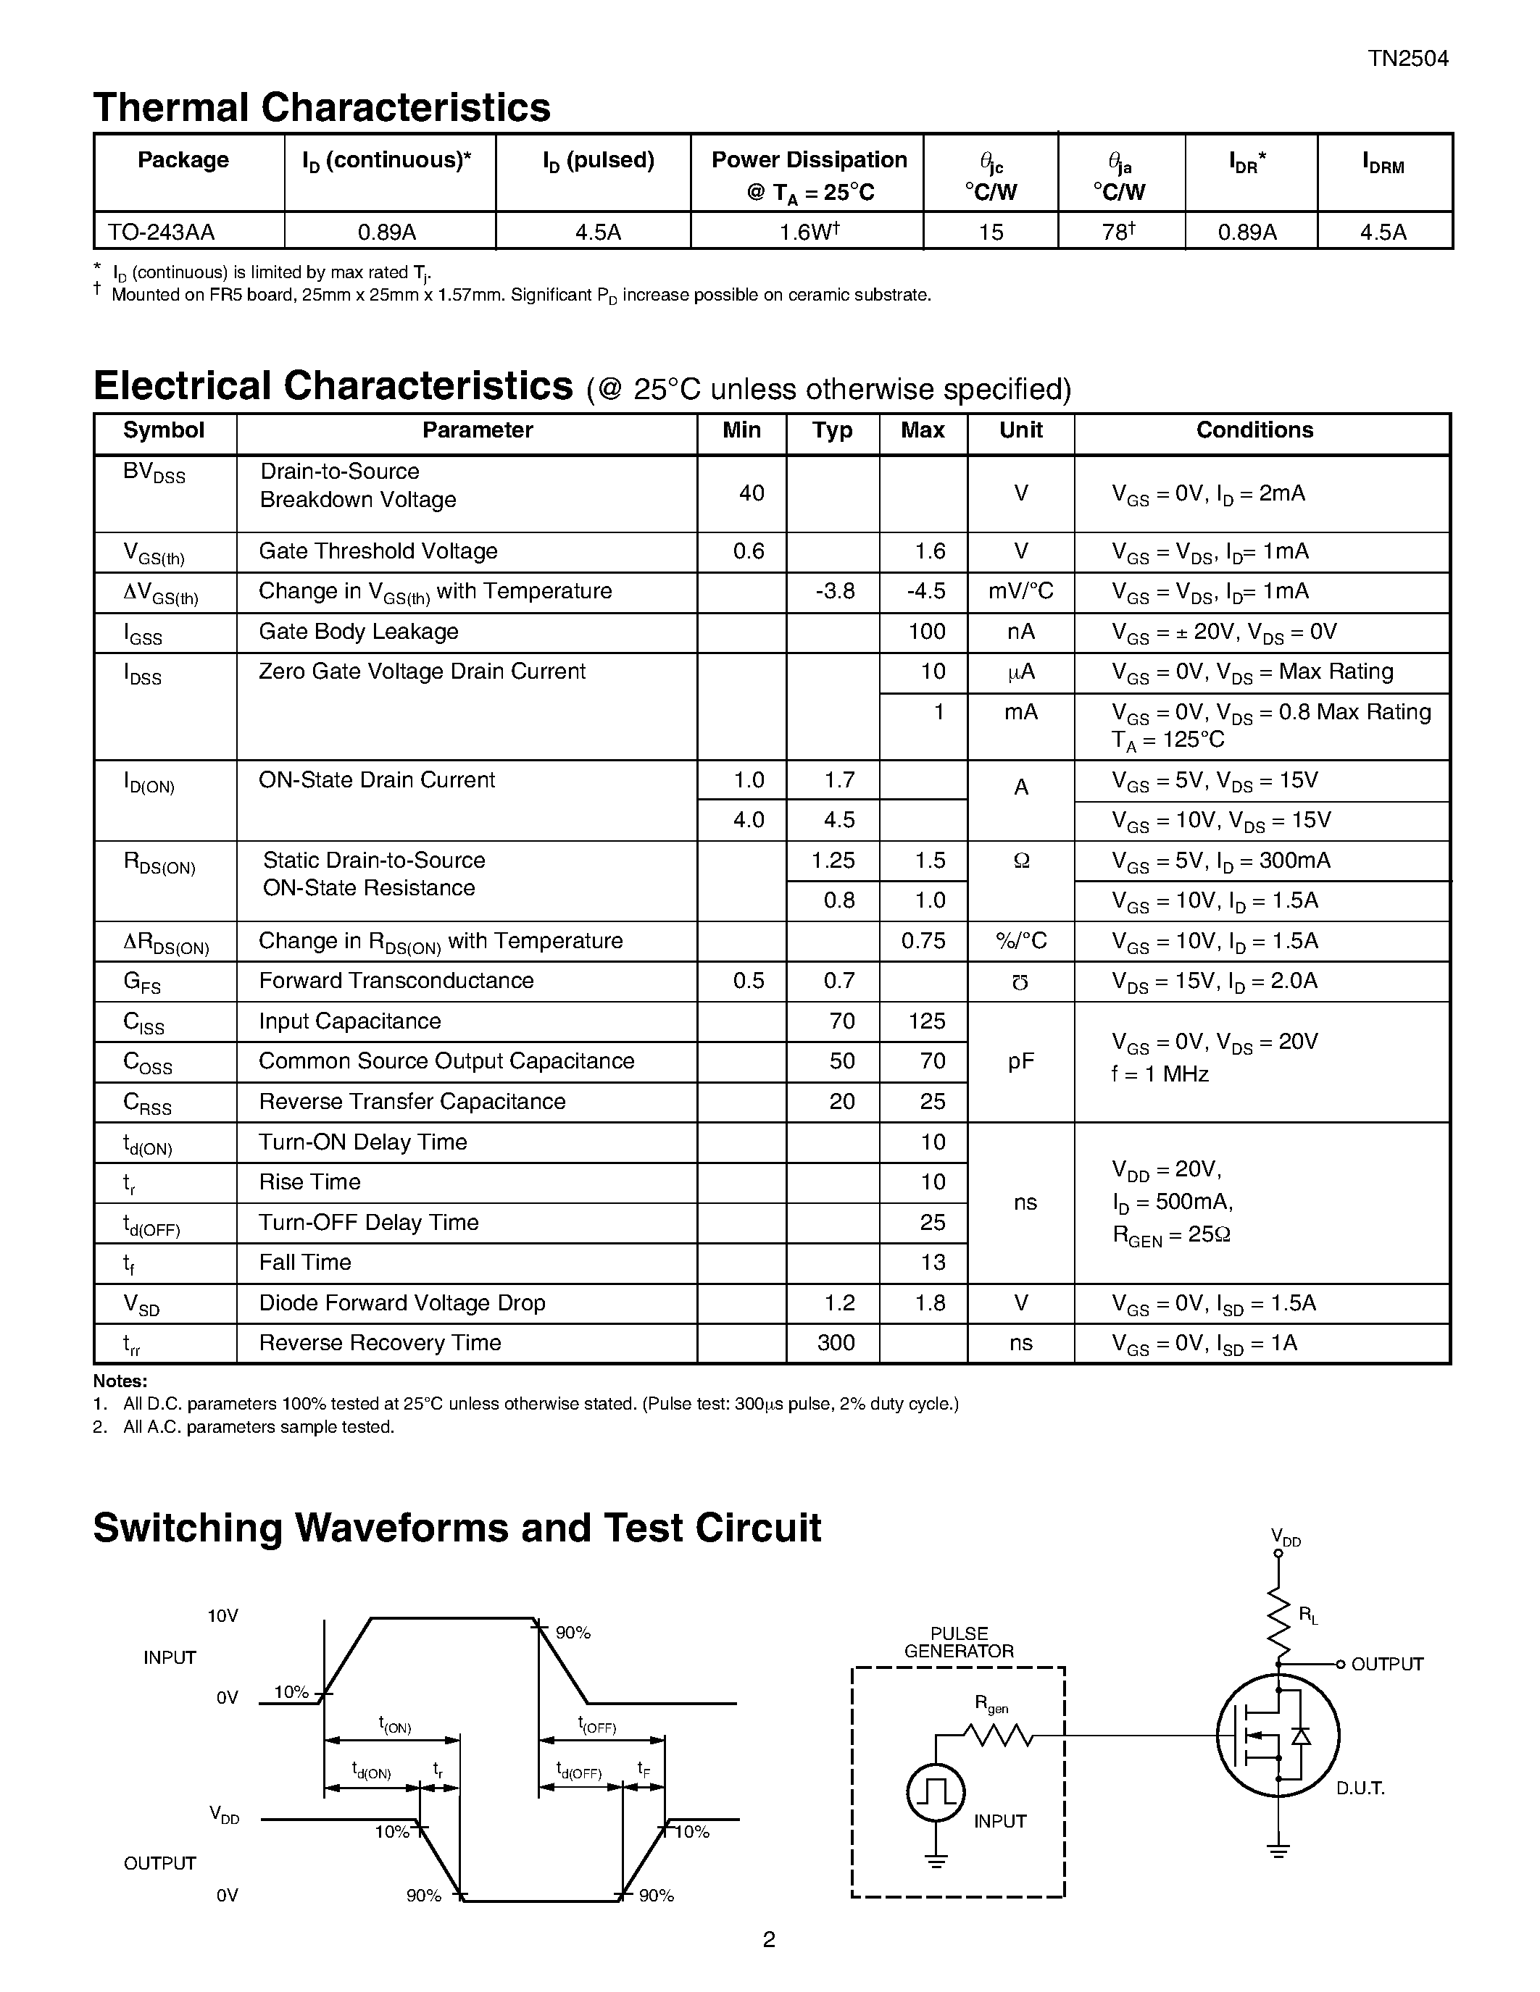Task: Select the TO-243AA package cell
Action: point(162,232)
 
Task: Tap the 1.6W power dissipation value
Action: point(807,232)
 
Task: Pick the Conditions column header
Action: point(1254,430)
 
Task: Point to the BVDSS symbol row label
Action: point(154,474)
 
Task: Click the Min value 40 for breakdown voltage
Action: point(751,493)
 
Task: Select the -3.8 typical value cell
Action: point(835,592)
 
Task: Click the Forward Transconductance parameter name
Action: point(396,981)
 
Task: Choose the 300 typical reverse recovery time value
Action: point(836,1342)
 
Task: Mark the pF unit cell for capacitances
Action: point(1021,1062)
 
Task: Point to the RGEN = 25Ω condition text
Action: point(1171,1235)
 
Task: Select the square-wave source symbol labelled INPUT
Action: point(936,1792)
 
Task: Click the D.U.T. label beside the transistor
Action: point(1360,1788)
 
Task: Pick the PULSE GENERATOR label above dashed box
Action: point(959,1641)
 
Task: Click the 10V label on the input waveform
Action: point(222,1616)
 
